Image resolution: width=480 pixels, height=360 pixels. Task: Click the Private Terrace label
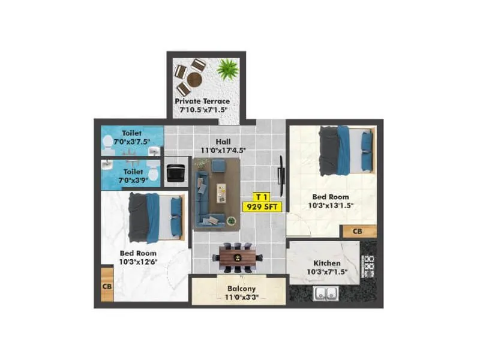click(x=202, y=101)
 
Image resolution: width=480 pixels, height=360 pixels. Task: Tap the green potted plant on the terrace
click(x=227, y=70)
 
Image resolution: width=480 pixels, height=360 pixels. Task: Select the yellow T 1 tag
click(x=260, y=196)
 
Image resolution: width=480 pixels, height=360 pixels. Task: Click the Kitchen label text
click(x=326, y=263)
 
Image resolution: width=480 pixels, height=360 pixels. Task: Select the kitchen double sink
click(x=326, y=294)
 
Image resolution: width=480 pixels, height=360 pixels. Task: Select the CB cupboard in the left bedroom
click(x=107, y=286)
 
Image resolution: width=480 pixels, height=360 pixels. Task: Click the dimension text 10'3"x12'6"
click(x=137, y=262)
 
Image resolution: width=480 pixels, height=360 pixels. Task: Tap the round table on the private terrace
click(x=196, y=79)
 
